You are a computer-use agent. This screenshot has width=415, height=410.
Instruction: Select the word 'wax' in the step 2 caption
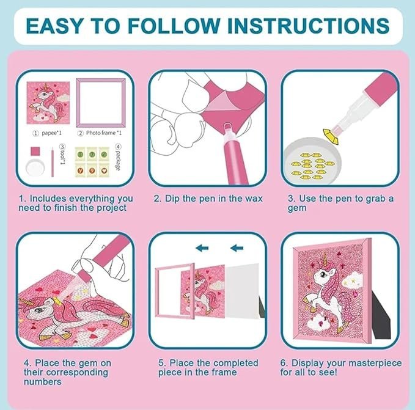coord(253,199)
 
